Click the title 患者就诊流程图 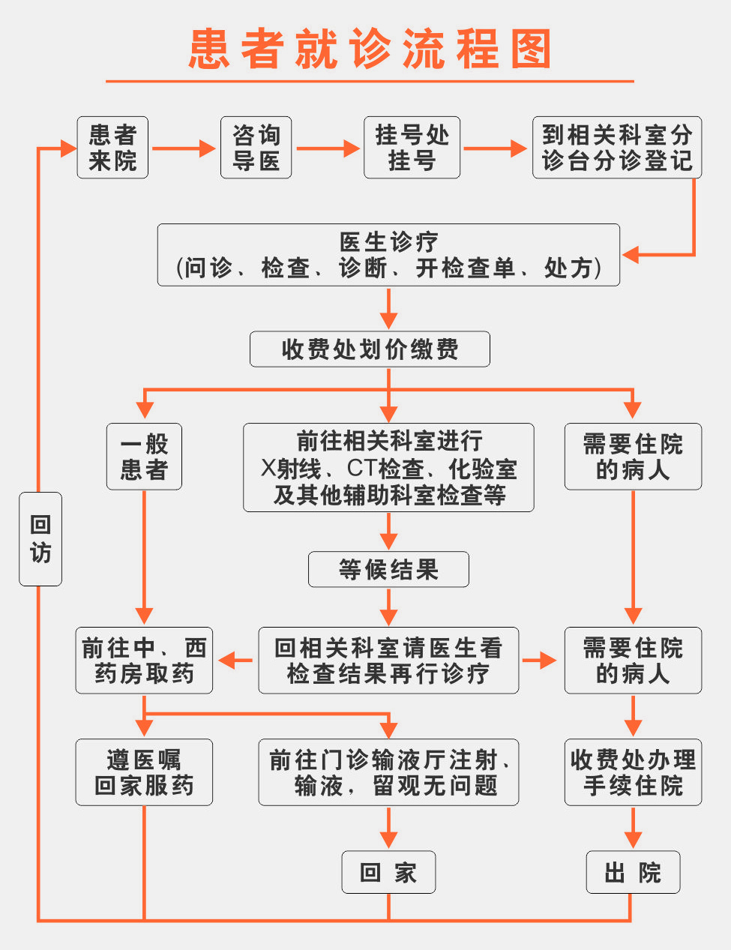(370, 49)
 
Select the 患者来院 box (112, 148)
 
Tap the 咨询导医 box (256, 148)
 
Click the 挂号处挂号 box (412, 148)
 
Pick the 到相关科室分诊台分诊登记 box (616, 148)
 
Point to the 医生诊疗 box (388, 255)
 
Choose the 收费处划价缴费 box (370, 349)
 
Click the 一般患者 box (144, 457)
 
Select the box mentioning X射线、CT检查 (388, 467)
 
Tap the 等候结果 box (388, 570)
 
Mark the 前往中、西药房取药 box (144, 661)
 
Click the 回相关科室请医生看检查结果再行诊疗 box (388, 661)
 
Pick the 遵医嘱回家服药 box (144, 772)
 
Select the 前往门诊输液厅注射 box (388, 772)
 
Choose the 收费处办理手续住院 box (633, 772)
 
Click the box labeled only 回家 (388, 872)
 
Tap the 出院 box (633, 872)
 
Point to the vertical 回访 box (40, 538)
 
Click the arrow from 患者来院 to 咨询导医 (184, 148)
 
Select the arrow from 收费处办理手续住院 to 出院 (633, 829)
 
